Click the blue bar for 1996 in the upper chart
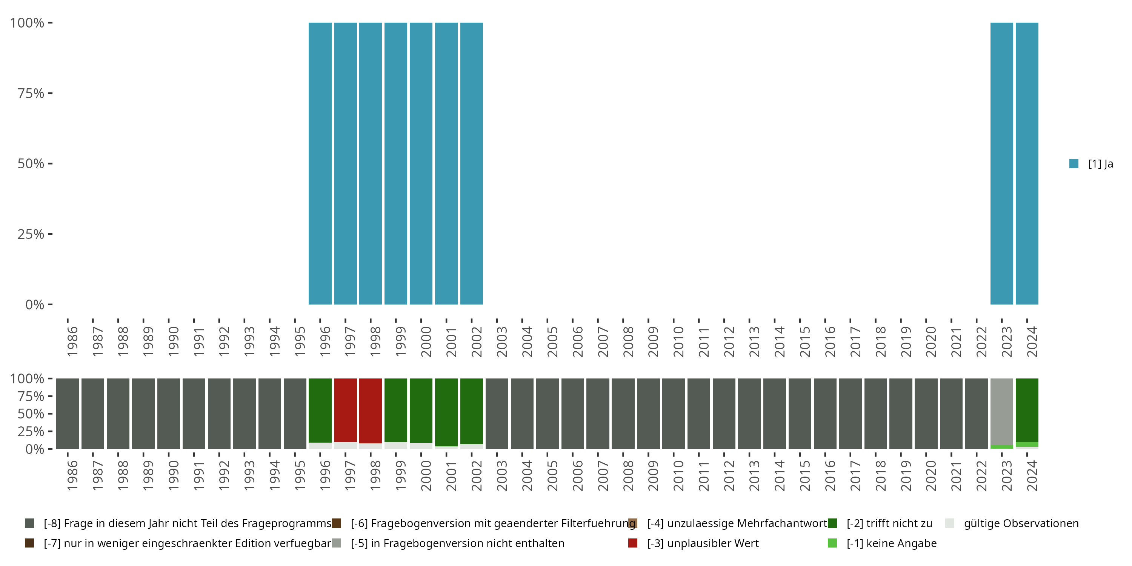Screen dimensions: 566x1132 320,163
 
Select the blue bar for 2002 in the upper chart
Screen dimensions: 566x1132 472,163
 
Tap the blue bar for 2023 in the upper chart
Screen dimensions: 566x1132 1001,163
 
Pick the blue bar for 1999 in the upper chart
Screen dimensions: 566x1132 395,163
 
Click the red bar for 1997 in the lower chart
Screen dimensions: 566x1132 345,409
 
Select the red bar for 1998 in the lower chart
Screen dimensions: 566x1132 371,411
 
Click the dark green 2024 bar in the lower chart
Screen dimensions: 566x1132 1027,409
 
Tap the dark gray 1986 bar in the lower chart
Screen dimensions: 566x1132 68,414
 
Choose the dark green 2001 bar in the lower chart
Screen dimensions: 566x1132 446,412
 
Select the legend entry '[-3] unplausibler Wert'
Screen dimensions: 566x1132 702,543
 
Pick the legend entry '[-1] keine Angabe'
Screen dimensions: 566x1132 891,543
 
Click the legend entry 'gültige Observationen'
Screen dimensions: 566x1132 1020,523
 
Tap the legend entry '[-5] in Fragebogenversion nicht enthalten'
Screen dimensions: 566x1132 457,543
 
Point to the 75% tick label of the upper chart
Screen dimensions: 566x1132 31,93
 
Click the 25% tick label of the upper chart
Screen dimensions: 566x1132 31,234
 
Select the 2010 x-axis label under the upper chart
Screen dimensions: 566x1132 679,341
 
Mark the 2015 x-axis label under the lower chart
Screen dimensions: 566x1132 805,475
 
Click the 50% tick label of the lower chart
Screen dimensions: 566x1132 31,414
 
